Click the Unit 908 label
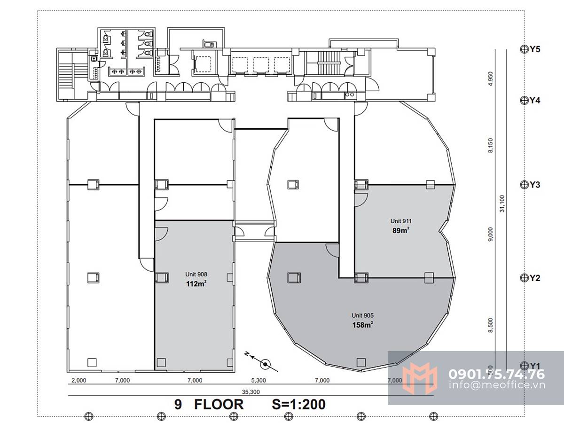pyautogui.click(x=196, y=274)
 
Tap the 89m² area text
pyautogui.click(x=400, y=230)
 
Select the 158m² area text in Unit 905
pyautogui.click(x=362, y=325)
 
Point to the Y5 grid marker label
pyautogui.click(x=535, y=49)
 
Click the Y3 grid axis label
pyautogui.click(x=535, y=185)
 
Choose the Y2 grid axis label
pyautogui.click(x=535, y=278)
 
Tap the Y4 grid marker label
pyautogui.click(x=535, y=100)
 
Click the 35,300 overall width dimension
pyautogui.click(x=251, y=392)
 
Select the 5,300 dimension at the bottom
pyautogui.click(x=258, y=380)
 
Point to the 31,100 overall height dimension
pyautogui.click(x=502, y=204)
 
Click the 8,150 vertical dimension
pyautogui.click(x=491, y=146)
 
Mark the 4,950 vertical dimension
pyautogui.click(x=491, y=79)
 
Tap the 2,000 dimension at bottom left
pyautogui.click(x=79, y=380)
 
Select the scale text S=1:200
pyautogui.click(x=298, y=404)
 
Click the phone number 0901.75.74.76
pyautogui.click(x=497, y=374)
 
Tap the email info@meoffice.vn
pyautogui.click(x=497, y=385)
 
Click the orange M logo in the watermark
pyautogui.click(x=420, y=378)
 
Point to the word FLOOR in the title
pyautogui.click(x=219, y=404)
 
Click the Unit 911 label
pyautogui.click(x=401, y=221)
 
